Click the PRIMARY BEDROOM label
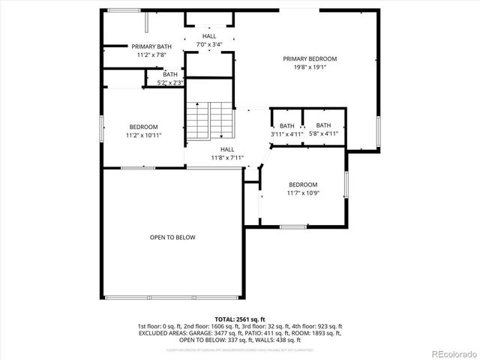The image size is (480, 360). [309, 59]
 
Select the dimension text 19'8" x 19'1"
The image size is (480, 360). [309, 67]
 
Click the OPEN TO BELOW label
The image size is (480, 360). [172, 238]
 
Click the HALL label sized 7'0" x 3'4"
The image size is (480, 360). [209, 36]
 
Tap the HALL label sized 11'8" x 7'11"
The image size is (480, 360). [227, 149]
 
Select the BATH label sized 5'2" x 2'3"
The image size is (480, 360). [170, 74]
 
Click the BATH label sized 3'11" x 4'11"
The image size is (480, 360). [287, 125]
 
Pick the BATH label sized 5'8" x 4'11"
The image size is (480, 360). [323, 125]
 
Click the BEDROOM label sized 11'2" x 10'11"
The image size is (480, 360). [143, 127]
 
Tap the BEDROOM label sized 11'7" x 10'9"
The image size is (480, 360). [303, 184]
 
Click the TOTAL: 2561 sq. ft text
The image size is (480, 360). [240, 319]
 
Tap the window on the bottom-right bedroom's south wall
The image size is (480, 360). [292, 226]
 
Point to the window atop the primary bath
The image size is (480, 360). [124, 10]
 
